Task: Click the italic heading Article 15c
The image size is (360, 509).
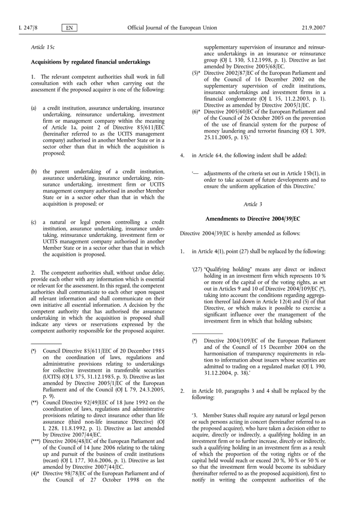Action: (41, 46)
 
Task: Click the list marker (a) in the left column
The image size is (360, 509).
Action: (34, 109)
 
